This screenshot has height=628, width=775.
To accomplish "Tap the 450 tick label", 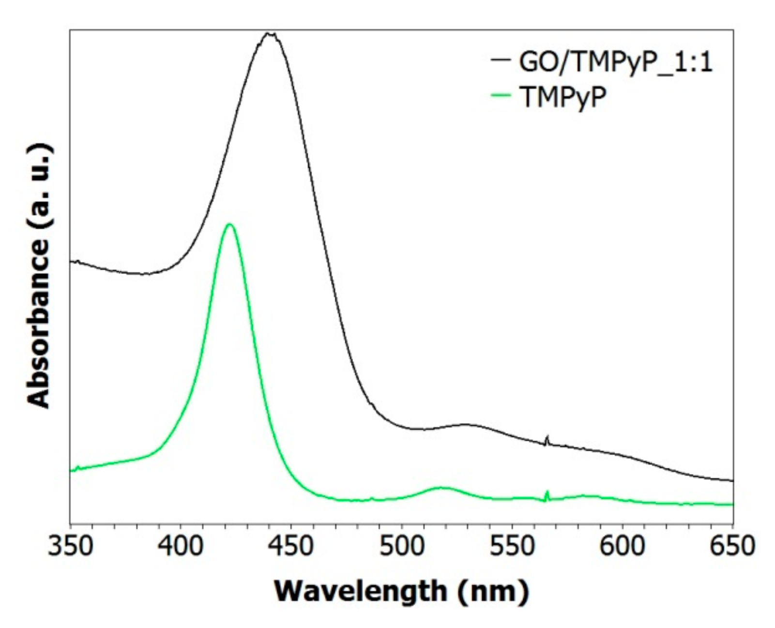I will tap(291, 546).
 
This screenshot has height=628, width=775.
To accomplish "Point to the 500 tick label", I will tap(401, 546).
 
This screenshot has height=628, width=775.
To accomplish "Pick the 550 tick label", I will tap(512, 546).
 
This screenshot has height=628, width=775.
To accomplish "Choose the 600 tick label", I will tap(622, 546).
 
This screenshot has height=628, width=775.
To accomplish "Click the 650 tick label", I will tap(732, 546).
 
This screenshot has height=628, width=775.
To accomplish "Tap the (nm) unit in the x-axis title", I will tap(494, 591).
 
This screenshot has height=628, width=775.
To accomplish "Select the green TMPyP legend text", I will tap(563, 97).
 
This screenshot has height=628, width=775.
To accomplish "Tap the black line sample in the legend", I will tap(501, 60).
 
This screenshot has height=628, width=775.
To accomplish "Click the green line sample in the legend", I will tap(501, 95).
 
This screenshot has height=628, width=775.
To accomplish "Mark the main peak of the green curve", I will tap(229, 224).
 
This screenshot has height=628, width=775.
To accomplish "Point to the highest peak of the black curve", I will tap(269, 34).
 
